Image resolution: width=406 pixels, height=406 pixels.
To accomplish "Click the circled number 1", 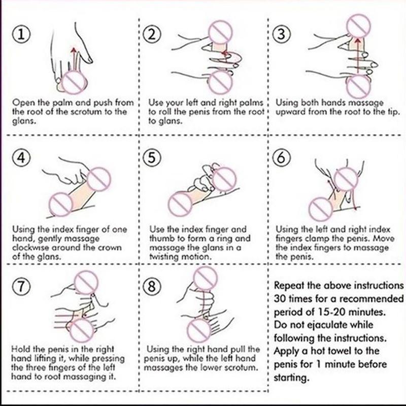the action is point(21,35).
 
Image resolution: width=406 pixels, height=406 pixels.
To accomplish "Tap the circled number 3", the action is point(281,35).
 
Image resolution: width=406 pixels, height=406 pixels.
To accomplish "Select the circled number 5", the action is point(152,157).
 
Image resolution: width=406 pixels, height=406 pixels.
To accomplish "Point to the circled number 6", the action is point(281,157).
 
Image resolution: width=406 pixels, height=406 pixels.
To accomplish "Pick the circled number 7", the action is point(21,286).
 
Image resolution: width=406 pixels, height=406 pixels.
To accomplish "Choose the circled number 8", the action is point(152,286).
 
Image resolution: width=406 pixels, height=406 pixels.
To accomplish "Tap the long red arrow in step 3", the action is point(358,55).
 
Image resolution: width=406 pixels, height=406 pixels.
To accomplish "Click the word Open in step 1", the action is point(24,103).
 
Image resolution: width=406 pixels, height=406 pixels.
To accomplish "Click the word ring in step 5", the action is point(220,239).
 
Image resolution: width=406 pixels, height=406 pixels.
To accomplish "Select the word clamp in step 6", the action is point(316,239).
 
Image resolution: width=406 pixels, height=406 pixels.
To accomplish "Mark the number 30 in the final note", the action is point(280,299).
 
